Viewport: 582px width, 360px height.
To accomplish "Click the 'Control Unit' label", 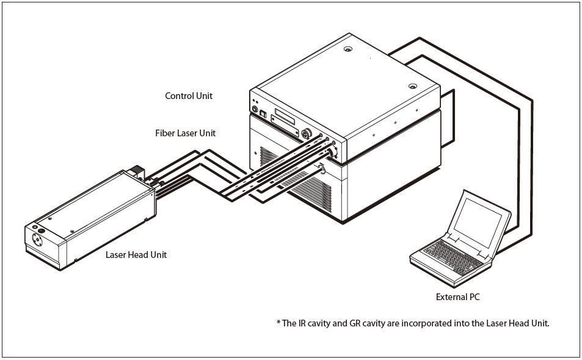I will (189, 96).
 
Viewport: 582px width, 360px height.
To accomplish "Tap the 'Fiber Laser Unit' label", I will (184, 133).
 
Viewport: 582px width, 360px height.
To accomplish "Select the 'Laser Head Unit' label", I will (136, 254).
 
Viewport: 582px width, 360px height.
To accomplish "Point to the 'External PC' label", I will (457, 297).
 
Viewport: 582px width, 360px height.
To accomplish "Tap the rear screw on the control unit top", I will (347, 49).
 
